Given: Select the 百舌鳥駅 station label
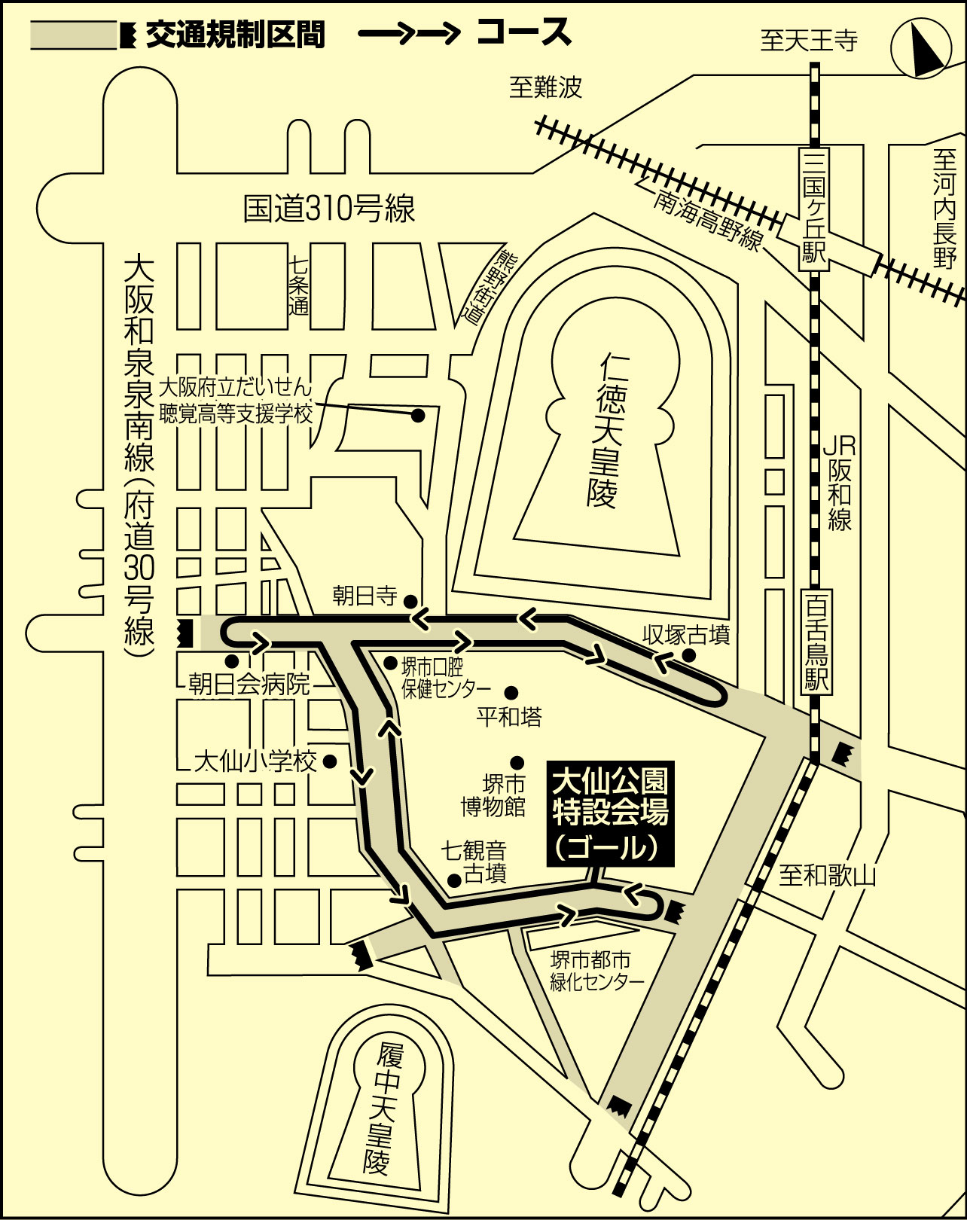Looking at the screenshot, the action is point(816,641).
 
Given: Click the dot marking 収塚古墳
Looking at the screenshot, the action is point(689,656).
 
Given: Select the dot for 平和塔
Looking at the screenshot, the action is point(511,692).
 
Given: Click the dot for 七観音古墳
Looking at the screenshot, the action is point(453,896).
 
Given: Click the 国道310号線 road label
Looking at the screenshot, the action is point(330,209).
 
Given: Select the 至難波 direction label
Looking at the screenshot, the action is point(545,87).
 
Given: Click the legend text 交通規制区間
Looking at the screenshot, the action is point(236,35).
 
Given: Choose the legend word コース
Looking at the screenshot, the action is point(523,32).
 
